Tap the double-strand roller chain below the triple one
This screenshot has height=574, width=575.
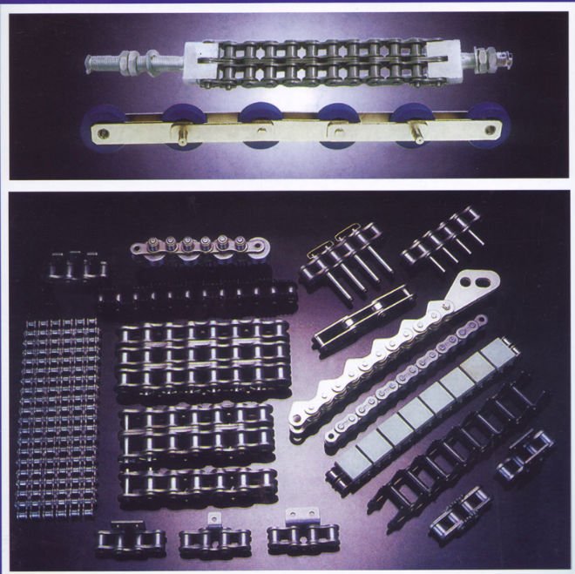(196, 430)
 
